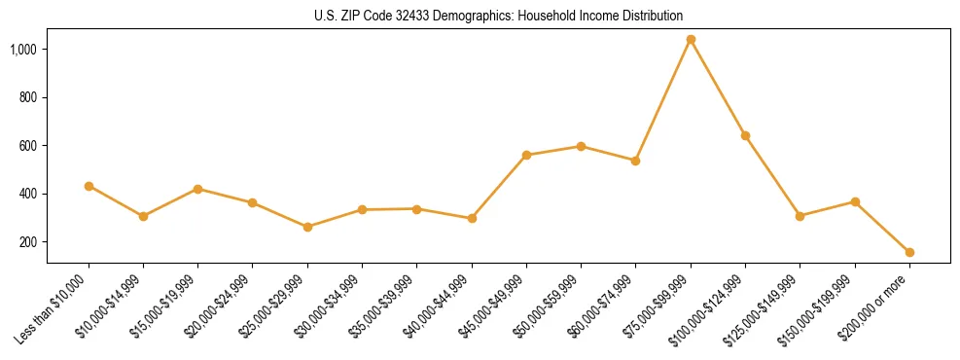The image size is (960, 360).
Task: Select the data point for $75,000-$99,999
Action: tap(691, 40)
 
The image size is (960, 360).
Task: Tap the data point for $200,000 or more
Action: tap(909, 252)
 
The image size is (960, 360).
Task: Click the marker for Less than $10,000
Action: tap(89, 186)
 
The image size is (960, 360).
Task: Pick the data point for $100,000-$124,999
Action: tap(745, 135)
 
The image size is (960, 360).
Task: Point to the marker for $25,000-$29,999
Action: tap(307, 227)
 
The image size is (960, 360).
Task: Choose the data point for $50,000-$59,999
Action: tap(581, 146)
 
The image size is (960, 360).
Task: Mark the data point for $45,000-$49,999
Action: tap(526, 155)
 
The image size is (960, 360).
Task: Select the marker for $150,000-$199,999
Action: tap(855, 201)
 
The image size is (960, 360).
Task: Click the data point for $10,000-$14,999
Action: tap(143, 216)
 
